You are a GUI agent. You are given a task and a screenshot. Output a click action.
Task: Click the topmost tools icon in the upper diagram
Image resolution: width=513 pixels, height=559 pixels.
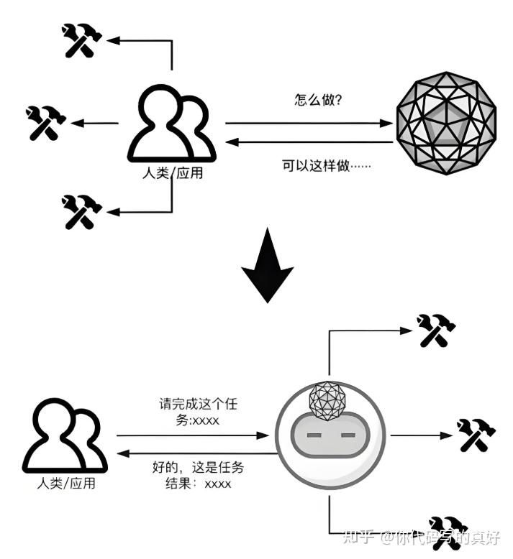[80, 40]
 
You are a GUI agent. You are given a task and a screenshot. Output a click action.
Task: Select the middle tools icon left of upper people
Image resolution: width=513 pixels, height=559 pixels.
[45, 123]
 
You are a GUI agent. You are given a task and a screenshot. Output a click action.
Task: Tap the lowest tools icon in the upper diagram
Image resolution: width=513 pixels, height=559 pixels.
[80, 211]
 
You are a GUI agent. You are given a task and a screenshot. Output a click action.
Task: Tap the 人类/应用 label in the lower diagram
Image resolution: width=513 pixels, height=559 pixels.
[65, 484]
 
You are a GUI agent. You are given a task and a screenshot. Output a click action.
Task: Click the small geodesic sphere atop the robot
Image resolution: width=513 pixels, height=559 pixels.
[328, 400]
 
